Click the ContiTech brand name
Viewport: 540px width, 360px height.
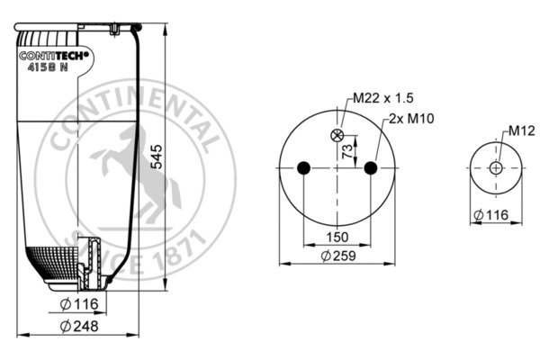[x=54, y=56]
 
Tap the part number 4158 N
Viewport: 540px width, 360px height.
[x=48, y=67]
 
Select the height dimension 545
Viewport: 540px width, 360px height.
[x=157, y=157]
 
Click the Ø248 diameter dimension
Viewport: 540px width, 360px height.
[x=79, y=326]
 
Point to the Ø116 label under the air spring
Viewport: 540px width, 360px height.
[x=79, y=304]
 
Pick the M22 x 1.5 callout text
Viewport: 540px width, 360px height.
[x=383, y=98]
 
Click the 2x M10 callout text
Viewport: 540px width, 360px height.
[x=411, y=119]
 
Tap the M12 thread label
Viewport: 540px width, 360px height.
[x=522, y=130]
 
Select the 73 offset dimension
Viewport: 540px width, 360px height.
[x=347, y=151]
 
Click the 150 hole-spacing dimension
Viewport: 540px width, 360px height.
[x=337, y=237]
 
